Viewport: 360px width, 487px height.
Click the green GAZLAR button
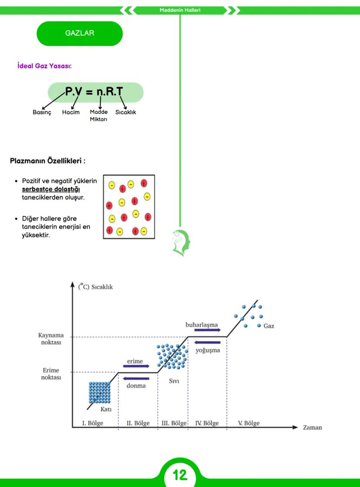click(x=80, y=34)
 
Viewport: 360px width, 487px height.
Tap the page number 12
click(x=180, y=475)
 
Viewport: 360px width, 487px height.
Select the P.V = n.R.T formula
click(x=94, y=91)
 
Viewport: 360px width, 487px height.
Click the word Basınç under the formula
click(x=42, y=112)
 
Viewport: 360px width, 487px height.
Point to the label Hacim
click(x=71, y=112)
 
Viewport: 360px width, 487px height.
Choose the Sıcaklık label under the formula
click(x=126, y=112)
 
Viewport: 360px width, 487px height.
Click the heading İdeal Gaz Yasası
click(x=44, y=66)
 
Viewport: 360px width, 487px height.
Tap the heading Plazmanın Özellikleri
click(x=47, y=161)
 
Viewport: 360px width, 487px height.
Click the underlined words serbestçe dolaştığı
click(x=51, y=189)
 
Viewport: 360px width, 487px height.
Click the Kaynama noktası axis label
click(x=51, y=339)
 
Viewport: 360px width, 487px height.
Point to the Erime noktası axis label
click(x=51, y=374)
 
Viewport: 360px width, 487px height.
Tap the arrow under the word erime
click(x=136, y=366)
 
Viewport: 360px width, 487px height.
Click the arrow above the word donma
click(x=136, y=378)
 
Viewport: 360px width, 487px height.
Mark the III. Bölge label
click(x=174, y=423)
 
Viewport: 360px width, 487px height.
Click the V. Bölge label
click(x=249, y=423)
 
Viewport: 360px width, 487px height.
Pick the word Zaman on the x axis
click(x=313, y=427)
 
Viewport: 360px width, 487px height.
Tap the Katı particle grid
click(x=100, y=393)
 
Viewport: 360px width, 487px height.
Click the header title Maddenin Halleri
click(x=180, y=10)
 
